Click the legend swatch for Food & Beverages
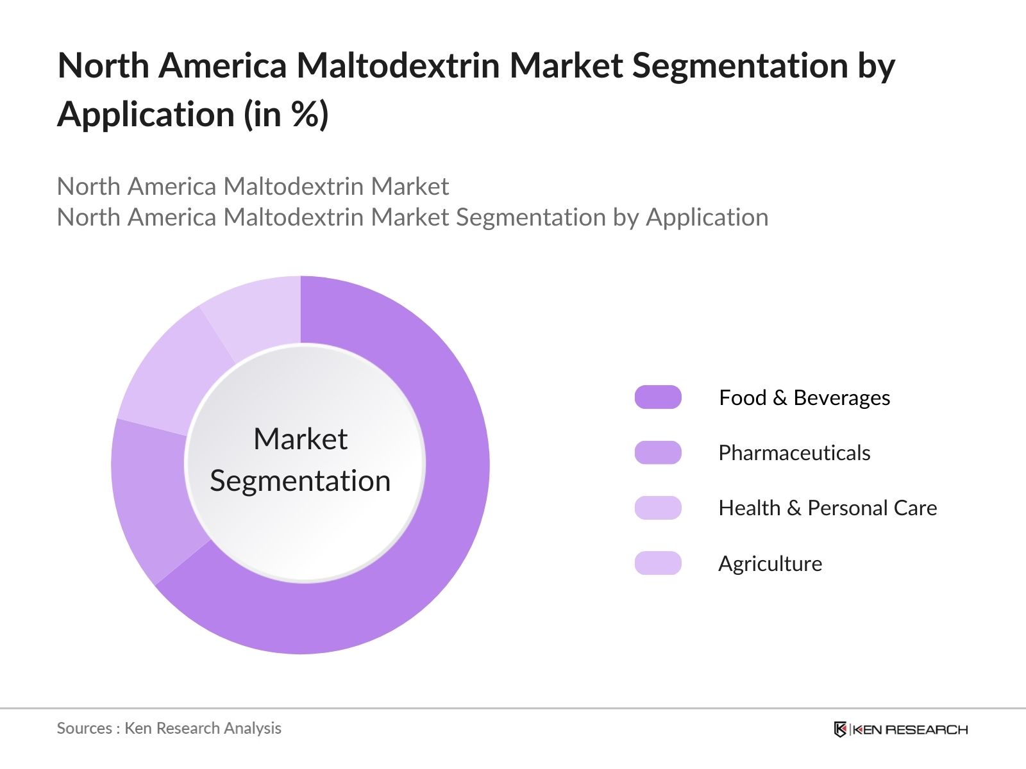tap(658, 397)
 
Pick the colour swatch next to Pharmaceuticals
tap(658, 452)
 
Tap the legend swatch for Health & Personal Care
tap(658, 508)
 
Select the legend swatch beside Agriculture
tap(658, 563)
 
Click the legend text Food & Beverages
tap(804, 398)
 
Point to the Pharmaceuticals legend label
tap(794, 453)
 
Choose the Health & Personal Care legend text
tap(827, 508)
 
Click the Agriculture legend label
tap(769, 564)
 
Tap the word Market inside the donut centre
tap(300, 440)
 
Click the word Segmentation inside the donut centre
tap(300, 481)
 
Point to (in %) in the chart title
tap(286, 115)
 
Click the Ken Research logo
tap(900, 729)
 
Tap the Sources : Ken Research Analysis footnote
tap(169, 728)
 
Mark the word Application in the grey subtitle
tap(707, 217)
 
